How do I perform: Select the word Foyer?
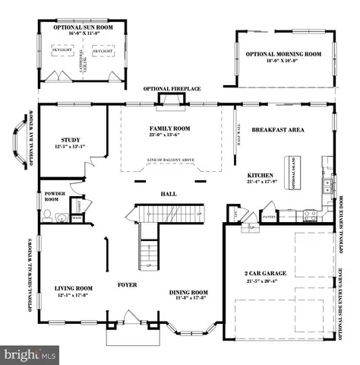[126, 287]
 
